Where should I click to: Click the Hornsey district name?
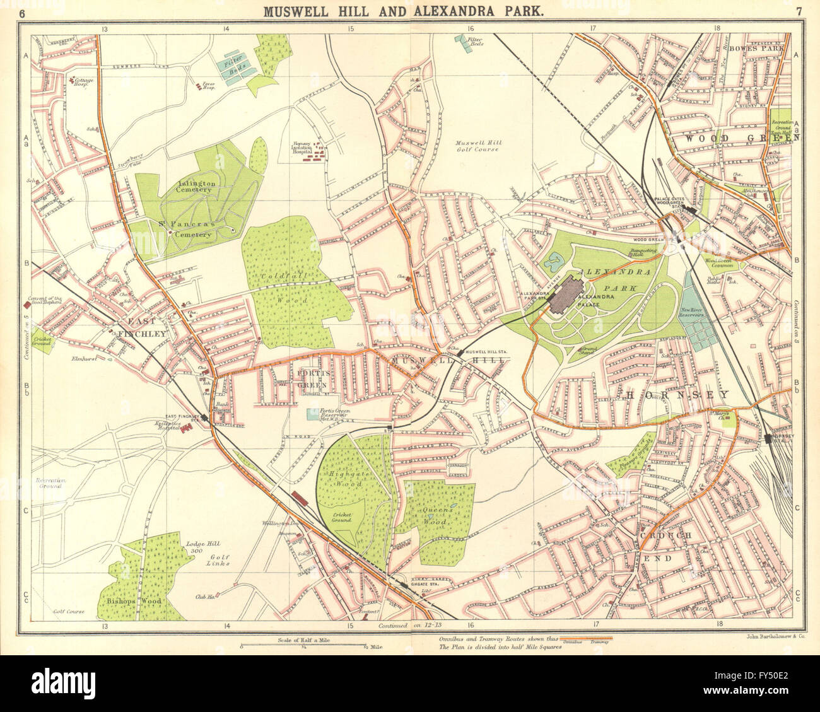[x=677, y=395]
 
